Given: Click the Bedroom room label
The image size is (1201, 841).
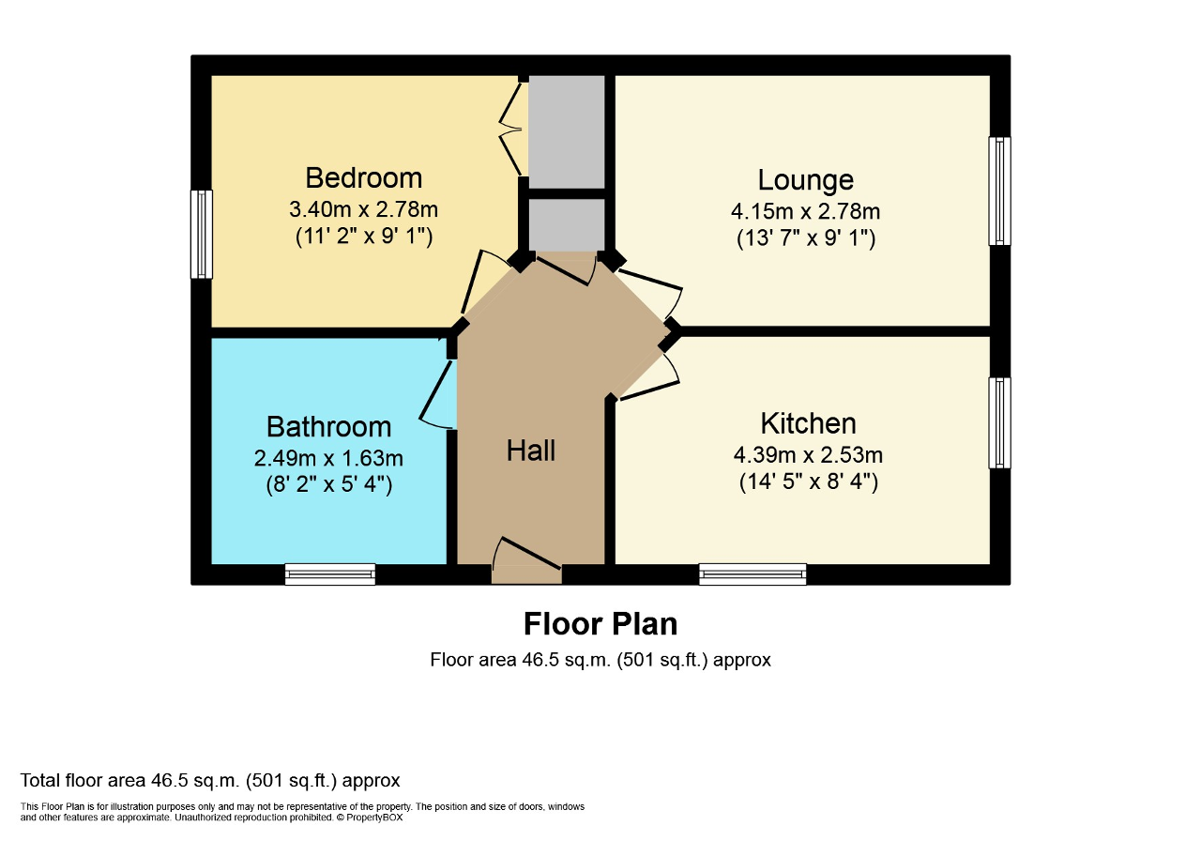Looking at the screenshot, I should [x=363, y=177].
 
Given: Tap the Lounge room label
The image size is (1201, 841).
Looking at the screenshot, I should [x=805, y=179].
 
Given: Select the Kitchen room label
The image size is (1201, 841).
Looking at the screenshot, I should [x=808, y=422].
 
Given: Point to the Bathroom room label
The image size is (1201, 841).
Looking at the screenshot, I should [x=328, y=426].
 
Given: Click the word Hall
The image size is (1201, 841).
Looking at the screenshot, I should [x=531, y=451].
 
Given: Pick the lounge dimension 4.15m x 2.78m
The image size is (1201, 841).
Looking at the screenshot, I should [x=805, y=210].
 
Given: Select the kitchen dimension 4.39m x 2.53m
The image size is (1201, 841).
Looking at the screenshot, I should [x=808, y=455].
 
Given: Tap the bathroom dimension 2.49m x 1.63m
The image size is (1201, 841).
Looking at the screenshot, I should [x=328, y=458].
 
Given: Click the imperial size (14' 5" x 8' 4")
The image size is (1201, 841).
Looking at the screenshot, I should [x=808, y=484].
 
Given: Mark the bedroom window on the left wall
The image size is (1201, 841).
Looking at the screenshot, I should [x=201, y=234].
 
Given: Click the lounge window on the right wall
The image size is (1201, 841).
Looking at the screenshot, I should [x=1000, y=191].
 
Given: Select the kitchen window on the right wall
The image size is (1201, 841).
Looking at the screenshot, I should [x=1000, y=422].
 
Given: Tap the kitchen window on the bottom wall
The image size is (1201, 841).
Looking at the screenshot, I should [x=753, y=573].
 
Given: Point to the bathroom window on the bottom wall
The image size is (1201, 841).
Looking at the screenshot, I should [x=330, y=573].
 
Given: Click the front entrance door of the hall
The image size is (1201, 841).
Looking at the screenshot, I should [x=526, y=563].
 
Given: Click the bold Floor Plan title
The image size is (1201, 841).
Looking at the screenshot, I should [x=600, y=623].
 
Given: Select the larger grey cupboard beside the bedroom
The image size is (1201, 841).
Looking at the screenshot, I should [x=567, y=131].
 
